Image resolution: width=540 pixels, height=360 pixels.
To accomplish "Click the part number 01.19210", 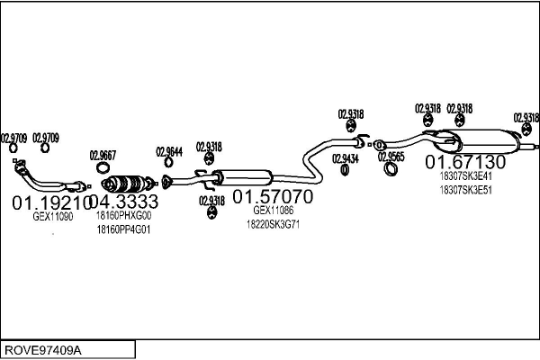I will click(x=49, y=202).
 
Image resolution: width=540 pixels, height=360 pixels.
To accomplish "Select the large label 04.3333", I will click(x=124, y=202).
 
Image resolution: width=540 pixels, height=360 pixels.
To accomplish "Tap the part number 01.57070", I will click(x=273, y=196).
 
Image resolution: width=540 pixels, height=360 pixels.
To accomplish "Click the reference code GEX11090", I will click(x=53, y=217).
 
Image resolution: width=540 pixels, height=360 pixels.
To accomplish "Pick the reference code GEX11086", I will click(x=274, y=210).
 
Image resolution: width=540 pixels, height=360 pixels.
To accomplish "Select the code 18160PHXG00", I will click(x=124, y=216).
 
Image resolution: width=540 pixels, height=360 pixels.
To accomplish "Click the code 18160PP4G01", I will click(x=124, y=229).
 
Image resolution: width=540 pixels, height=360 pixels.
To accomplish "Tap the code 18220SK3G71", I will click(x=273, y=224).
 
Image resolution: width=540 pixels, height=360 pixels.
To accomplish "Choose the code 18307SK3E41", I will click(x=466, y=176).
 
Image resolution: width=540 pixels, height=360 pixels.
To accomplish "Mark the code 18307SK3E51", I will click(x=466, y=190).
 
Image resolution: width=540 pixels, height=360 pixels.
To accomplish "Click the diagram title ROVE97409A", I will click(x=43, y=349).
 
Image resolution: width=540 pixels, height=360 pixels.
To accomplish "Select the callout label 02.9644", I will click(x=169, y=151).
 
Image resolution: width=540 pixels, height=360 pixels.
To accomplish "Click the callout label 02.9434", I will click(x=345, y=159).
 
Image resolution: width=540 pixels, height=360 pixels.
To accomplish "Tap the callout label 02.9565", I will click(x=391, y=157).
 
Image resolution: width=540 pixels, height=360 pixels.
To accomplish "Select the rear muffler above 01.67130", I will click(x=486, y=141).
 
